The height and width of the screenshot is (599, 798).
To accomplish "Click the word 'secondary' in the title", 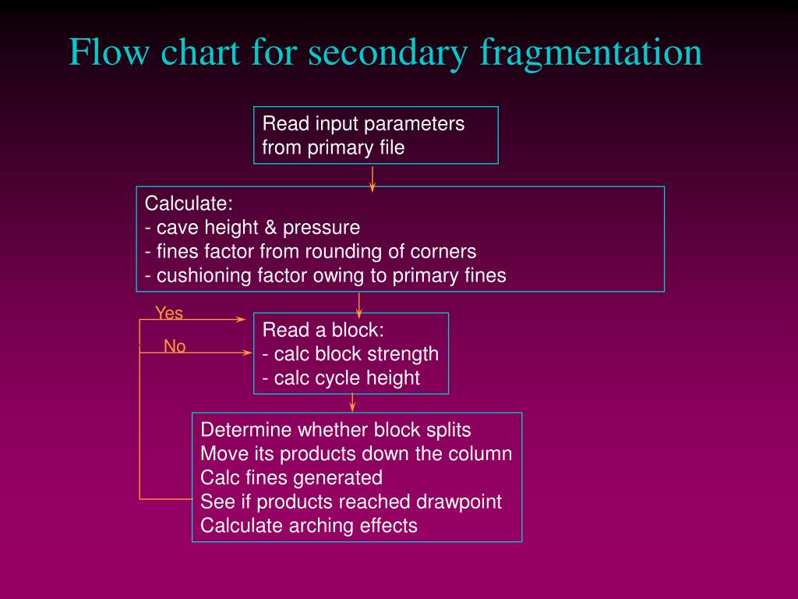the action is click(x=387, y=53).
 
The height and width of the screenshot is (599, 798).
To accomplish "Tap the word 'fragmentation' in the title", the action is click(x=591, y=53).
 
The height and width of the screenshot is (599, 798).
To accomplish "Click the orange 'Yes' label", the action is click(x=169, y=313).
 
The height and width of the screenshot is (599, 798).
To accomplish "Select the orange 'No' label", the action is click(x=175, y=346).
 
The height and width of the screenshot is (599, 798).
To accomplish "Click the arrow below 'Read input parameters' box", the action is click(x=373, y=179).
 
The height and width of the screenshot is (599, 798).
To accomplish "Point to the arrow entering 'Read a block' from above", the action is click(x=358, y=305).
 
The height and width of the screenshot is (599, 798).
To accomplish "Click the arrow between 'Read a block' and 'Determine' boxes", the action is click(x=352, y=402).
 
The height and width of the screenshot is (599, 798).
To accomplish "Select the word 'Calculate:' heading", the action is click(x=189, y=204).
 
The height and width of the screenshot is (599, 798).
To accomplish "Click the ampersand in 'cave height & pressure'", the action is click(x=270, y=227).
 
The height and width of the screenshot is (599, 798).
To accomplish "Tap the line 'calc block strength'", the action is click(x=351, y=354).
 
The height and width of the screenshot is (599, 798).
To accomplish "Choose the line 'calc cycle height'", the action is click(x=341, y=378).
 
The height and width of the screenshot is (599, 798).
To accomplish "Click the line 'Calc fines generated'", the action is click(x=291, y=478).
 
